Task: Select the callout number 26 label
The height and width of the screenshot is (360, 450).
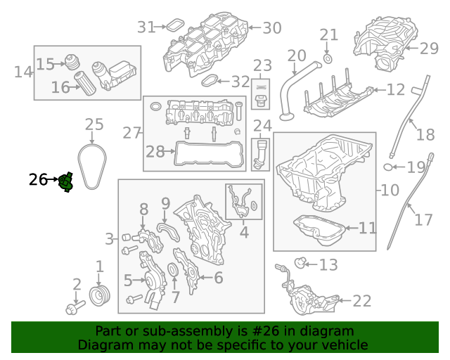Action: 38,180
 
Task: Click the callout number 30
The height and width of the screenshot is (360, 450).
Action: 271,28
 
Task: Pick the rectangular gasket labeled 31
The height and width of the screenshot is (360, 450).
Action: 172,27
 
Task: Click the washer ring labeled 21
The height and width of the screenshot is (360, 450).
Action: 328,56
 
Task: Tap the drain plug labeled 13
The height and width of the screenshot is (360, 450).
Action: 300,264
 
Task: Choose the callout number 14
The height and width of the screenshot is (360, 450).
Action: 23,72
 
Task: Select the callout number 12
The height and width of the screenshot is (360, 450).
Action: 396,90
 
